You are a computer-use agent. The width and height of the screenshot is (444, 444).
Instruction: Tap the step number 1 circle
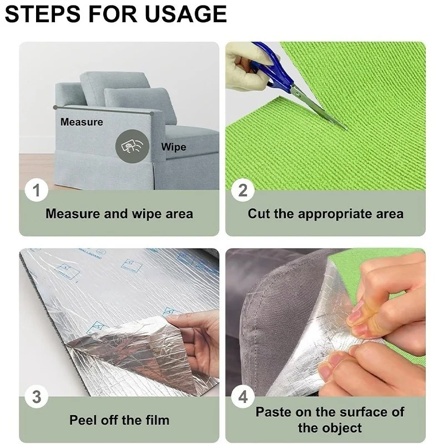pyautogui.click(x=37, y=191)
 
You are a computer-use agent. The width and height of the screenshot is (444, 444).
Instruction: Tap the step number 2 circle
pyautogui.click(x=243, y=191)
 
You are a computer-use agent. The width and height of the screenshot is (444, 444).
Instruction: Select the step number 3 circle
pyautogui.click(x=37, y=397)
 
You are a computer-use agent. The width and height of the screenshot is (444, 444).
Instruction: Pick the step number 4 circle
pyautogui.click(x=243, y=397)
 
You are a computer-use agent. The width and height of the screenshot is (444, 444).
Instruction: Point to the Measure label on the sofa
pyautogui.click(x=82, y=122)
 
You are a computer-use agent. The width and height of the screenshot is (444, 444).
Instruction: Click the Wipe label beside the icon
pyautogui.click(x=174, y=147)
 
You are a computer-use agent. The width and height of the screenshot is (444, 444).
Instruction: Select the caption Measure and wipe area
pyautogui.click(x=119, y=214)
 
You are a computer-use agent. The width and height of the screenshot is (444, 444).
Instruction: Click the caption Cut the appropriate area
pyautogui.click(x=325, y=214)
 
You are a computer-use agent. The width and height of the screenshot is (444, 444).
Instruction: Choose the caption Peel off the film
pyautogui.click(x=119, y=420)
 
